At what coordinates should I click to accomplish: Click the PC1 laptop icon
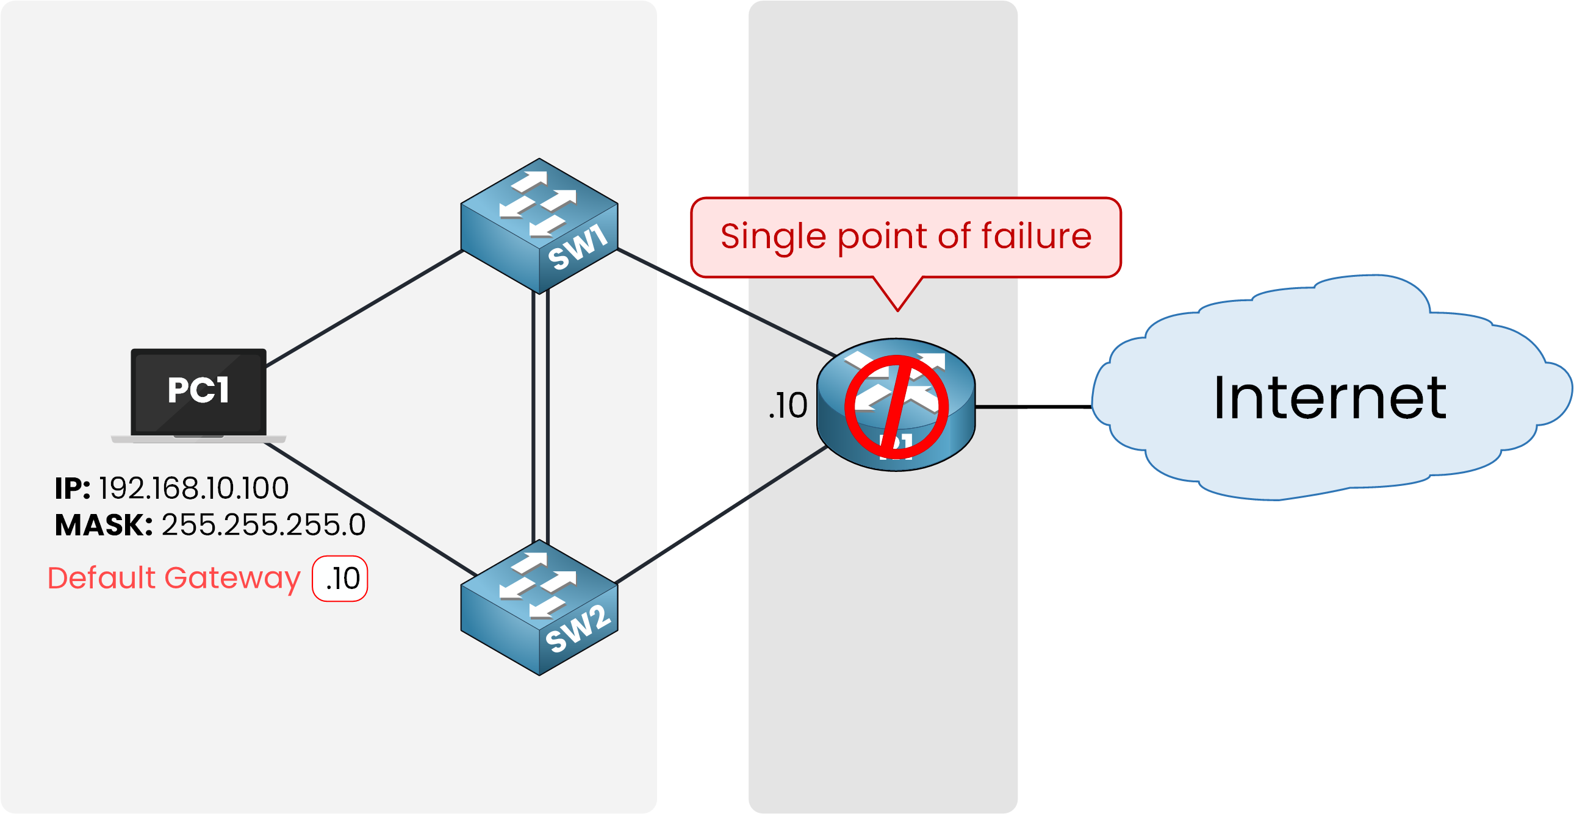(199, 394)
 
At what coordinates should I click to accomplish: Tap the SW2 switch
(539, 607)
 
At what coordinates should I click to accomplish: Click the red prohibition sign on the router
(896, 407)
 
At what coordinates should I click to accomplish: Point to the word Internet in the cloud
(1329, 398)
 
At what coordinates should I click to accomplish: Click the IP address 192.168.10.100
(193, 488)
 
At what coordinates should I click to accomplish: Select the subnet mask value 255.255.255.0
(264, 524)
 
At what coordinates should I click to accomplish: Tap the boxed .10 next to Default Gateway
(340, 578)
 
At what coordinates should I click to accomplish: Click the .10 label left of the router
(788, 405)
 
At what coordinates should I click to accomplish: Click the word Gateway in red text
(232, 577)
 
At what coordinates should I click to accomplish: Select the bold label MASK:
(103, 524)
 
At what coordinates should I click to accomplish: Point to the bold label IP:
(72, 488)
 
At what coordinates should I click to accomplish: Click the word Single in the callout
(773, 237)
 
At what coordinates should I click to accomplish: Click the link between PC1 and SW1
(364, 309)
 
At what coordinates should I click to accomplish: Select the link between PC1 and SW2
(370, 509)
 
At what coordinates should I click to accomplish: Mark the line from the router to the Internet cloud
(1033, 406)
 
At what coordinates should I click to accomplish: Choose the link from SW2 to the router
(721, 515)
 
